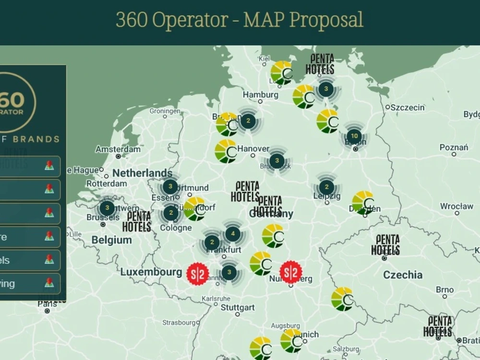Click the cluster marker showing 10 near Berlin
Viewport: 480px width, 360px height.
354,136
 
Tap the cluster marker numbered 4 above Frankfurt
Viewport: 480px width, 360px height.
233,234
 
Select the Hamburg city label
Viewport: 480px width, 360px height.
260,95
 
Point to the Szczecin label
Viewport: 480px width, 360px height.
408,108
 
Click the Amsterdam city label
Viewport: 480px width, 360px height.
118,149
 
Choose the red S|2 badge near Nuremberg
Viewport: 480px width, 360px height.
291,273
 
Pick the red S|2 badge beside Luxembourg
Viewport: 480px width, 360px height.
198,274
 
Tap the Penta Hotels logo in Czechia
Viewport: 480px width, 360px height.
385,245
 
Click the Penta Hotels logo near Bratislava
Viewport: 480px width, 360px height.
438,326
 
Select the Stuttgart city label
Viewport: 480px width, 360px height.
238,307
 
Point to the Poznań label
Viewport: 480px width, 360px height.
454,147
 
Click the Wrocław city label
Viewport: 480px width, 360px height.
456,206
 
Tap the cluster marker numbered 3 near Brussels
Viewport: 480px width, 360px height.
107,208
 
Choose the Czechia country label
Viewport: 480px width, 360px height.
403,275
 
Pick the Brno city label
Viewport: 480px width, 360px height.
445,289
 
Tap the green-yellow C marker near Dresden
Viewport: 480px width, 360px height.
363,203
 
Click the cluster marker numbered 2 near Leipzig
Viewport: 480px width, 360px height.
326,187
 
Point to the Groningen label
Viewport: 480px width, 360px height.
165,111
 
